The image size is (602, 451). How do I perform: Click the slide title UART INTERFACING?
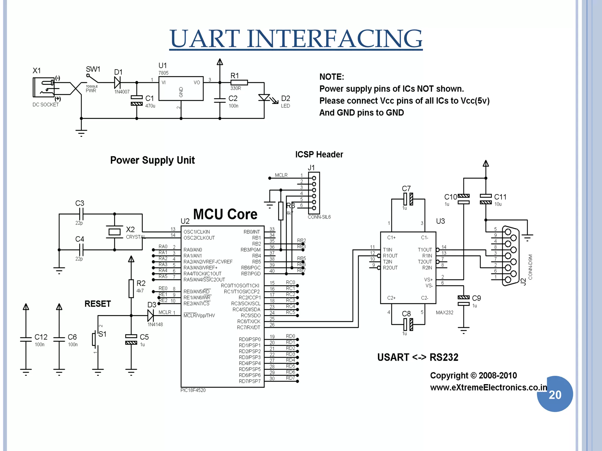tap(296, 39)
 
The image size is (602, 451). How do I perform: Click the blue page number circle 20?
tap(555, 394)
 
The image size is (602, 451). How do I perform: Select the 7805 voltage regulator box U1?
tap(181, 88)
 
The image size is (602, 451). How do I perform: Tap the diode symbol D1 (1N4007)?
tap(118, 83)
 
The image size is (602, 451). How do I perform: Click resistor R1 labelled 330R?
tap(239, 83)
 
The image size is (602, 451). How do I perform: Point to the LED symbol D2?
tap(264, 98)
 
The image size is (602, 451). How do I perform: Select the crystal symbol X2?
tap(114, 232)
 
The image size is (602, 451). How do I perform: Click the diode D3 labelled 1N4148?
tap(150, 316)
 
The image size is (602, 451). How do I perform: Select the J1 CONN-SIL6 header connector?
tap(314, 193)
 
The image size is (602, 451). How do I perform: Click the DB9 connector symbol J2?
tap(510, 255)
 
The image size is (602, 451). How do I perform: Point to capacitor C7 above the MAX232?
tap(408, 199)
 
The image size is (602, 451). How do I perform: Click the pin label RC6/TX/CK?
tap(249, 322)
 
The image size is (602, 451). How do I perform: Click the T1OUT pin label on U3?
tap(425, 250)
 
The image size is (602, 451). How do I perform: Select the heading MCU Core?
tap(225, 214)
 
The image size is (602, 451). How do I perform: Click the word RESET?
tap(98, 304)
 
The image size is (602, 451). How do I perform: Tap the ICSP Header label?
tap(319, 154)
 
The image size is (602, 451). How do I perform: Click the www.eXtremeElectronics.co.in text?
tap(488, 388)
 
